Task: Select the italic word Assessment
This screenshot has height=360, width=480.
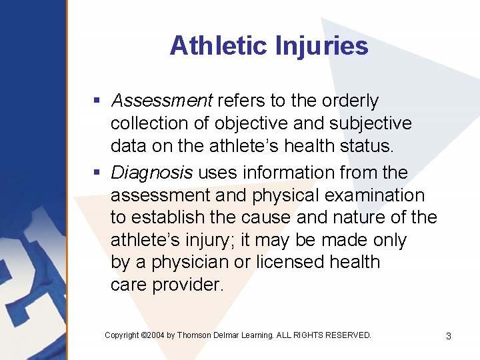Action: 162,101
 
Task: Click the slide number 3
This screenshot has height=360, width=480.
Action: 448,336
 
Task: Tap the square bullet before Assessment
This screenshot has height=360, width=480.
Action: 97,101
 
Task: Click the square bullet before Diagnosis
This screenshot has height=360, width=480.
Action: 97,173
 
